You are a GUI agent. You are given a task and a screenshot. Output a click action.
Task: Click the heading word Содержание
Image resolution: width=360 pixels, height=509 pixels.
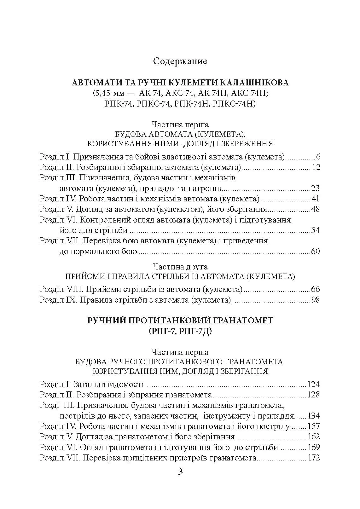[180, 61]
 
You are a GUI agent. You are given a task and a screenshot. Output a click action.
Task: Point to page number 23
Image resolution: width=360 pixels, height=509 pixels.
[315, 188]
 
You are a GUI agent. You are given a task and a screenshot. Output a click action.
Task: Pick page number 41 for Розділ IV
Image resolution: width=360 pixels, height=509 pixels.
[315, 199]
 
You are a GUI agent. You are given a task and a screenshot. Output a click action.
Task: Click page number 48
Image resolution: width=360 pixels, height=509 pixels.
[315, 209]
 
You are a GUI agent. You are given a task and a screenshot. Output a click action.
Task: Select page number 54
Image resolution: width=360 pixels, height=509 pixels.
[315, 230]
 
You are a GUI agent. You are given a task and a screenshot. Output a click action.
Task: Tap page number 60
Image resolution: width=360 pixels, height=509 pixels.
[315, 252]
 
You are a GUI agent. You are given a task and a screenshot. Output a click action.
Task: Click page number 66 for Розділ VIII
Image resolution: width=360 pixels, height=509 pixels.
[315, 289]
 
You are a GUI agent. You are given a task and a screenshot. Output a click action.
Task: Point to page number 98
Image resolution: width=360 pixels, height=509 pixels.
[315, 300]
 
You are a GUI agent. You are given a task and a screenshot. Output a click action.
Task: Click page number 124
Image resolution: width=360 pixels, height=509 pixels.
[314, 384]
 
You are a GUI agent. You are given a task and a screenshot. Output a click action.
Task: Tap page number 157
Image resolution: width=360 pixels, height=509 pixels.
[314, 426]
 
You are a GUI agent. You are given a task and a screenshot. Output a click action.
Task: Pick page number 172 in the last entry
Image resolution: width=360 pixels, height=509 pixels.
[314, 458]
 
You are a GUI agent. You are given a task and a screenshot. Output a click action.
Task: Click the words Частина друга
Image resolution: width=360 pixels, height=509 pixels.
[180, 267]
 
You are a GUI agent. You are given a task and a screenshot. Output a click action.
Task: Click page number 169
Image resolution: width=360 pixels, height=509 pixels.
[314, 448]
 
